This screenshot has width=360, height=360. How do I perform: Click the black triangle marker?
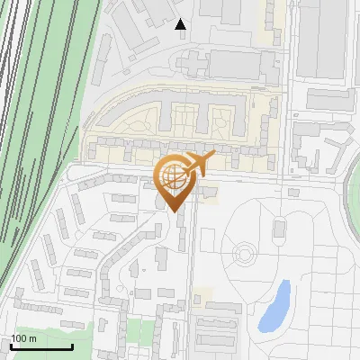[181, 24]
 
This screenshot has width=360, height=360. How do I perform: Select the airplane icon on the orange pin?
[196, 164]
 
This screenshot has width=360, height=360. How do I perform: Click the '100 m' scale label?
[23, 338]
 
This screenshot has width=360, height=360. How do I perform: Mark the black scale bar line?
[41, 346]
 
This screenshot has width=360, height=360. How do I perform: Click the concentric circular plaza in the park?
[244, 254]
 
